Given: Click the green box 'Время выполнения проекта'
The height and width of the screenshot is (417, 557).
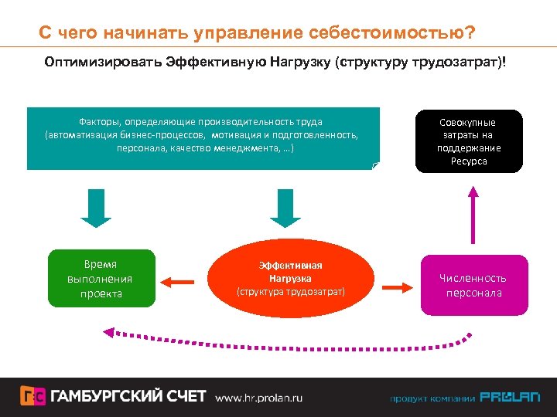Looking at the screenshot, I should pyautogui.click(x=100, y=279).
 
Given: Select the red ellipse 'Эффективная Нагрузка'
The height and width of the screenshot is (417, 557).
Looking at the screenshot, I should pyautogui.click(x=290, y=279).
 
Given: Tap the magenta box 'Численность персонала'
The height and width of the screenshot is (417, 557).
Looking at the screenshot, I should pyautogui.click(x=473, y=285).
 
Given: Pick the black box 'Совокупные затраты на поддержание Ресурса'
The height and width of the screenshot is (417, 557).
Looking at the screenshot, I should pyautogui.click(x=470, y=141).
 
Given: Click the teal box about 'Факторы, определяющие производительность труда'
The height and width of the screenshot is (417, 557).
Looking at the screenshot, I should pyautogui.click(x=203, y=137).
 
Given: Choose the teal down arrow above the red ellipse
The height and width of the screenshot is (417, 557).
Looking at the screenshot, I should pyautogui.click(x=285, y=208).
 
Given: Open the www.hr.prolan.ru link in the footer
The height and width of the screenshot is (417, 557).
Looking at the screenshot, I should pyautogui.click(x=258, y=397).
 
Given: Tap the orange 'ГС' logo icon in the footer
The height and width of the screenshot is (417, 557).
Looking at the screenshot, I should pyautogui.click(x=32, y=396).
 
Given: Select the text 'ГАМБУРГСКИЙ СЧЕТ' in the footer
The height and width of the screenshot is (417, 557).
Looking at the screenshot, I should pyautogui.click(x=129, y=396).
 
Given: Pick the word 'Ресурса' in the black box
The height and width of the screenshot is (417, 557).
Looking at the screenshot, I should pyautogui.click(x=470, y=161).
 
